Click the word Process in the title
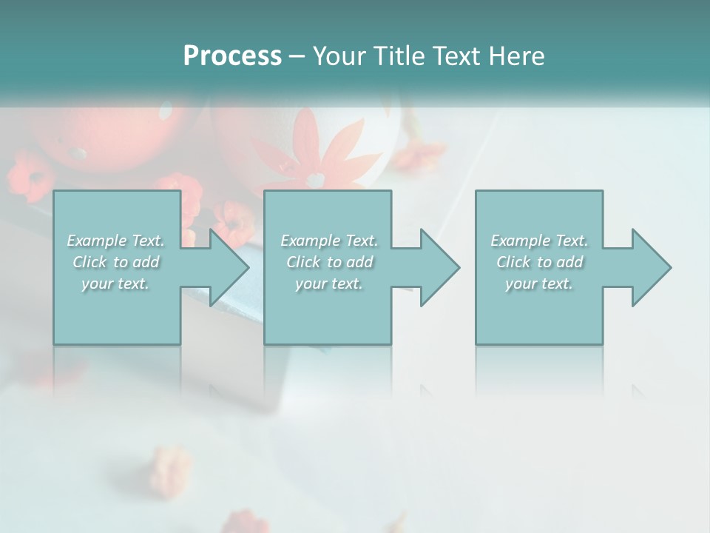pyautogui.click(x=232, y=56)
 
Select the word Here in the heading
pyautogui.click(x=517, y=56)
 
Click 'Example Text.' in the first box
pyautogui.click(x=116, y=241)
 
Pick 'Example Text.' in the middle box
pyautogui.click(x=329, y=241)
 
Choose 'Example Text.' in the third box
pyautogui.click(x=539, y=241)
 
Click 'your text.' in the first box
pyautogui.click(x=116, y=284)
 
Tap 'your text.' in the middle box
pyautogui.click(x=329, y=284)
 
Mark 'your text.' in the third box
pyautogui.click(x=539, y=284)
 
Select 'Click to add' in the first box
pyautogui.click(x=116, y=262)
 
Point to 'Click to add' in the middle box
pyautogui.click(x=329, y=262)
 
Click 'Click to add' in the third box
pyautogui.click(x=539, y=262)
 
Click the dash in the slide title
pyautogui.click(x=297, y=56)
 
